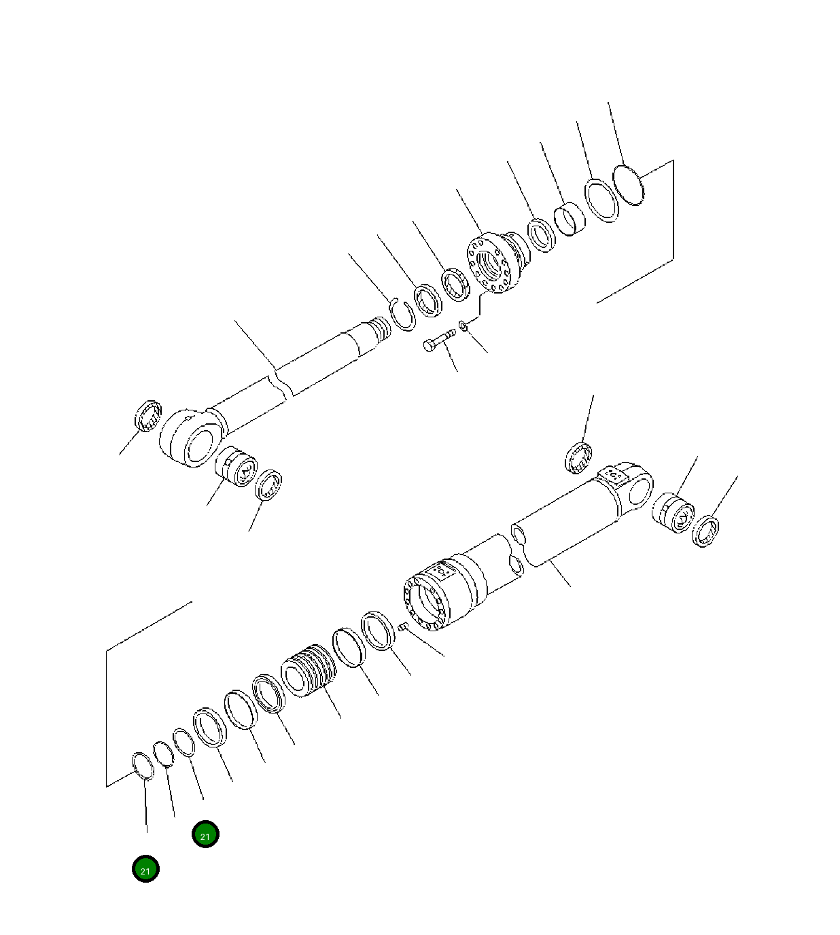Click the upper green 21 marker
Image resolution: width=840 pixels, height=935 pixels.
pyautogui.click(x=205, y=834)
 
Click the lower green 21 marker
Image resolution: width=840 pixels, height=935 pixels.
pyautogui.click(x=145, y=869)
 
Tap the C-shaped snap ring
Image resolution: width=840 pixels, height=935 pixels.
pyautogui.click(x=404, y=315)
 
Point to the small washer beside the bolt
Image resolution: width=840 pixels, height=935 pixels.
pyautogui.click(x=463, y=327)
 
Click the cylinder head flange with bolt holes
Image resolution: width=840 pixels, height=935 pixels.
pyautogui.click(x=493, y=264)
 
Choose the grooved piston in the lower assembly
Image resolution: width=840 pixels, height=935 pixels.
pyautogui.click(x=309, y=671)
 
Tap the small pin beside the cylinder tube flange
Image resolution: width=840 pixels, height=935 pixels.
pyautogui.click(x=402, y=627)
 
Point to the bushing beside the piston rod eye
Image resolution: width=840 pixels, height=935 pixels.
pyautogui.click(x=237, y=466)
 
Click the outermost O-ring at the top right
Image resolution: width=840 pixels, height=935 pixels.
pyautogui.click(x=629, y=185)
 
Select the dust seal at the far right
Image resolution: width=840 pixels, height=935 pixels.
pyautogui.click(x=706, y=531)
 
